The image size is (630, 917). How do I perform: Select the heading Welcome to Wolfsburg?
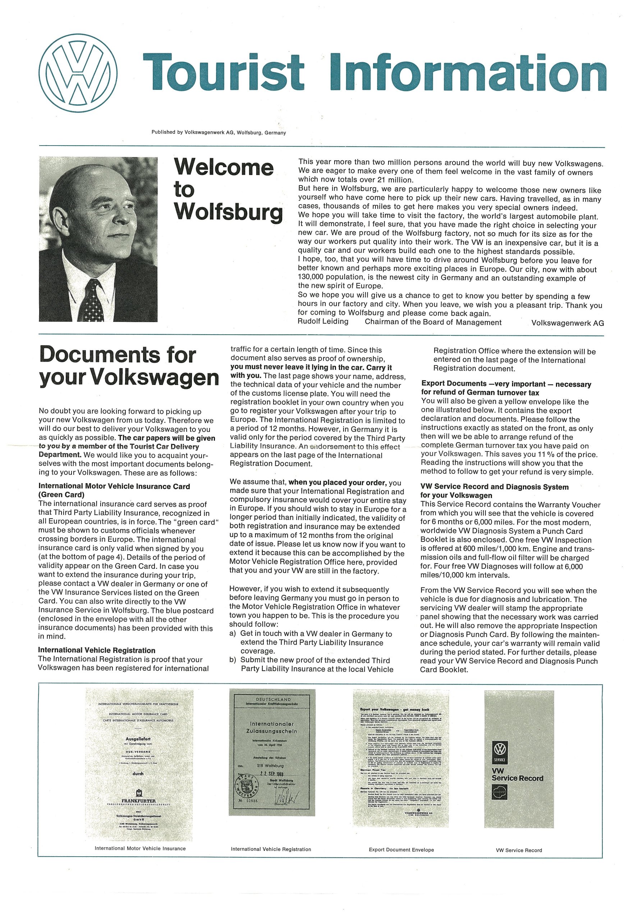pos(228,189)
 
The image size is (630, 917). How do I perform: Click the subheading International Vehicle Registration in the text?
pos(97,650)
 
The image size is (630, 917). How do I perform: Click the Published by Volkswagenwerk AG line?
pos(219,133)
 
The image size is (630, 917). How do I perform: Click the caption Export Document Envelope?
pos(401,849)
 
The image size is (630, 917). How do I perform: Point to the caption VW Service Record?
pos(519,850)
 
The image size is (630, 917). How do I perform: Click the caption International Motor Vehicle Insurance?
pos(140,848)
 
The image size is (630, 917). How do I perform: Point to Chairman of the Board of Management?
pos(433,322)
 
